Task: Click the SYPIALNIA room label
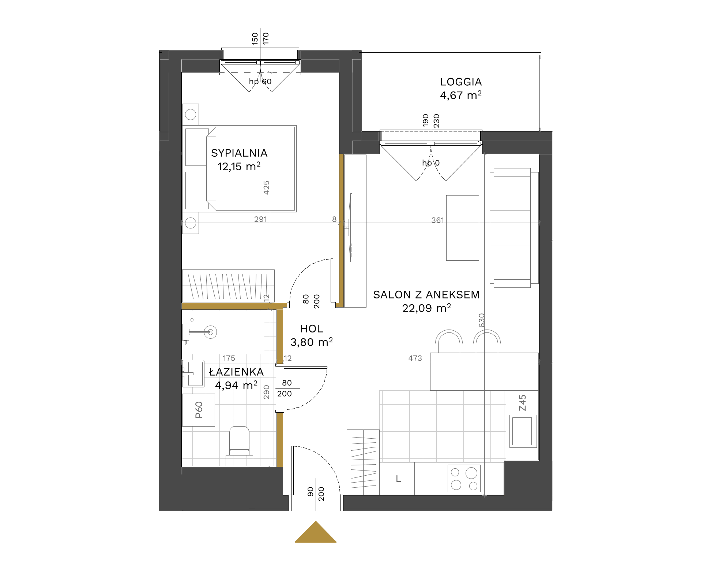[x=239, y=153]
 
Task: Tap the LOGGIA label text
[x=461, y=82]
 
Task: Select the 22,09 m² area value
[x=426, y=308]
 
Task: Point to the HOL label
[x=312, y=329]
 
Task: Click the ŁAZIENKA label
[x=236, y=372]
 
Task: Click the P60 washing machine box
[x=199, y=410]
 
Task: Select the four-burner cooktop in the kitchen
[x=464, y=479]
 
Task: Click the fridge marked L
[x=398, y=479]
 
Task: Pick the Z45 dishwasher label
[x=522, y=403]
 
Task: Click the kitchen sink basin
[x=522, y=431]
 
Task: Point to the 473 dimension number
[x=415, y=358]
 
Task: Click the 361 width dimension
[x=437, y=220]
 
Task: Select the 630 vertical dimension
[x=482, y=320]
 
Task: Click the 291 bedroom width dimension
[x=260, y=219]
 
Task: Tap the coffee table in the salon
[x=463, y=228]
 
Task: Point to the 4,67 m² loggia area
[x=461, y=95]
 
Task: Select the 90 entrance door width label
[x=311, y=491]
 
